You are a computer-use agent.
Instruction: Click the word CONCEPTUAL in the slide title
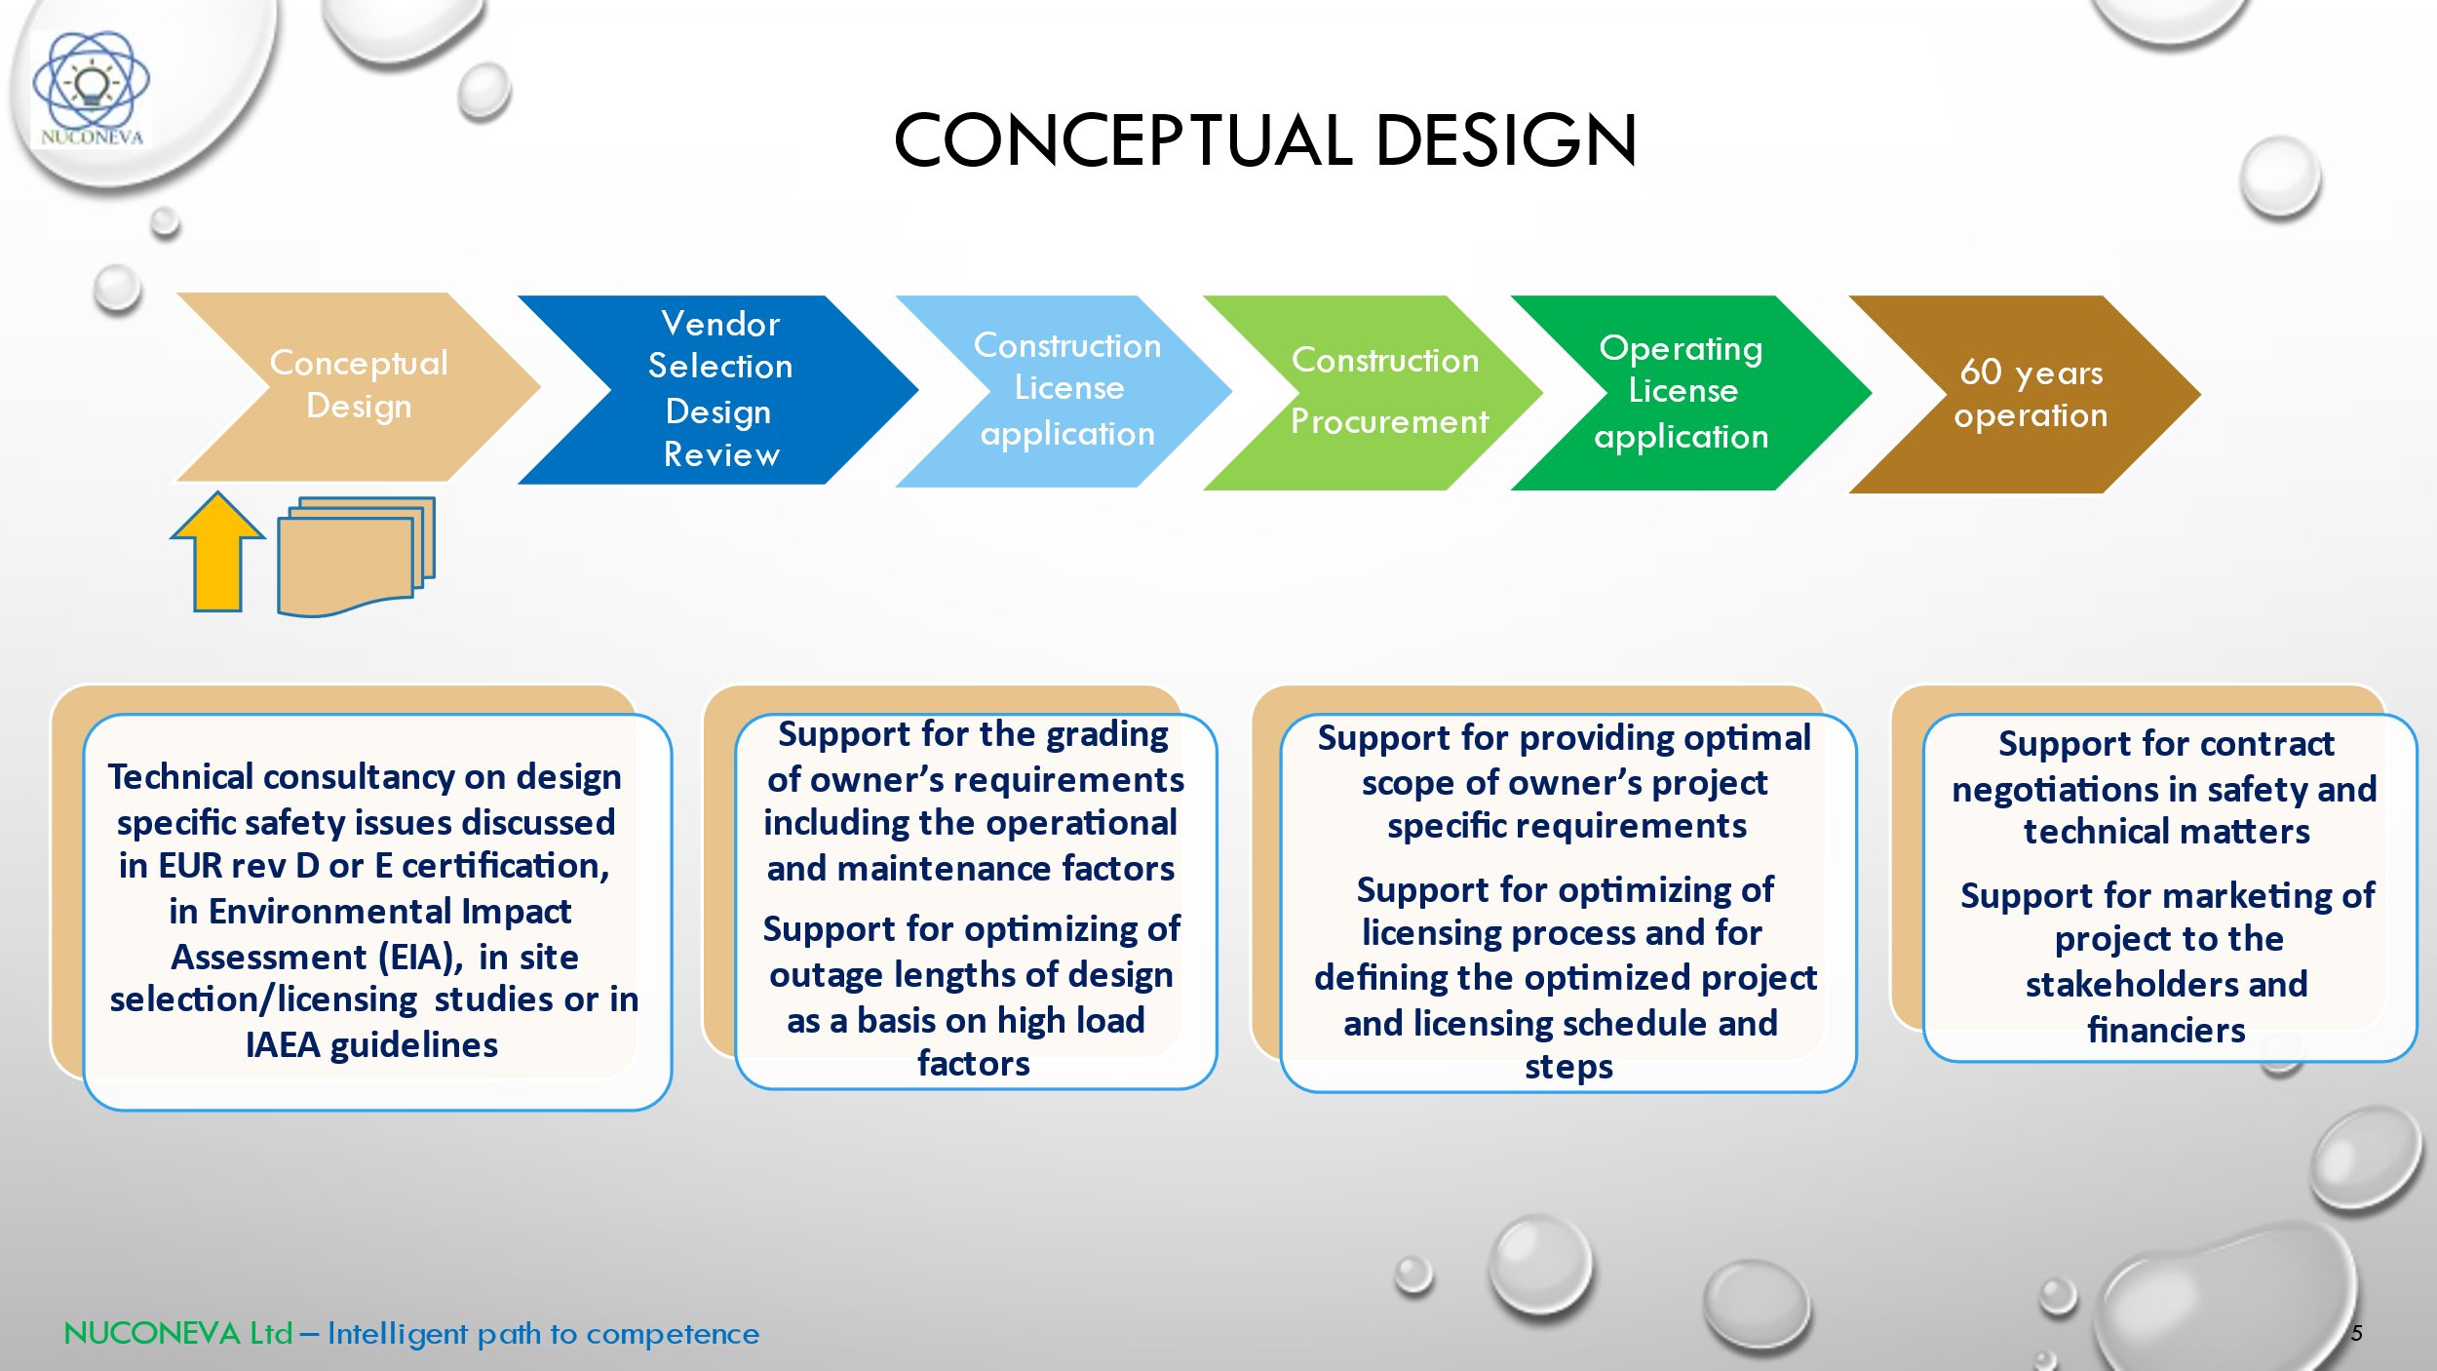pyautogui.click(x=1121, y=140)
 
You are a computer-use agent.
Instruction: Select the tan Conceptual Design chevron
pyautogui.click(x=359, y=386)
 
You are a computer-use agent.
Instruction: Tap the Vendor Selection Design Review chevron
pyautogui.click(x=720, y=389)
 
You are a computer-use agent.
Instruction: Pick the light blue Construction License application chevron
pyautogui.click(x=1067, y=390)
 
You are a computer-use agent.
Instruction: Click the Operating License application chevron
pyautogui.click(x=1683, y=392)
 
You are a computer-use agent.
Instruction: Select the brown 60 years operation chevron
pyautogui.click(x=2031, y=394)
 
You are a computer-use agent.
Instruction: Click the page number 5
pyautogui.click(x=2356, y=1333)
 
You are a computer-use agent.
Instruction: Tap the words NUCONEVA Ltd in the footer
pyautogui.click(x=178, y=1333)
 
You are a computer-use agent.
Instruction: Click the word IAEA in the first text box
pyautogui.click(x=282, y=1045)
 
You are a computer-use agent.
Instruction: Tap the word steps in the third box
pyautogui.click(x=1568, y=1067)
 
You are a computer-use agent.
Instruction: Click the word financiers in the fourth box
pyautogui.click(x=2166, y=1031)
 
